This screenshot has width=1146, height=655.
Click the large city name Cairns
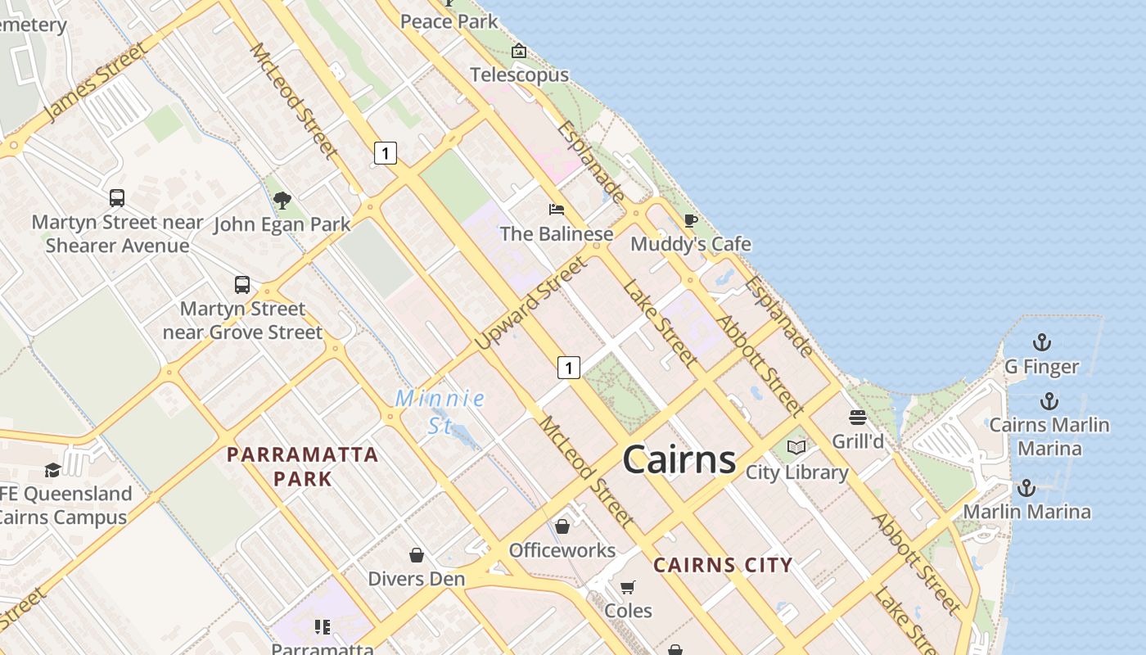pos(679,459)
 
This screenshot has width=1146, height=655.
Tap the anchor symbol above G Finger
pos(1041,341)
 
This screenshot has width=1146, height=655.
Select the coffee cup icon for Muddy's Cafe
pos(690,219)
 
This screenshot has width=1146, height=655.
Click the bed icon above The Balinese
pos(557,210)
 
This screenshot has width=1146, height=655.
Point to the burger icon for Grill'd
pos(857,418)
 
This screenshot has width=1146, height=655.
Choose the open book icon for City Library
pos(796,447)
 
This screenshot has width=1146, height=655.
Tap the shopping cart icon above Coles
pos(628,586)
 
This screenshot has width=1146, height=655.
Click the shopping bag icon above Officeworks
pos(562,526)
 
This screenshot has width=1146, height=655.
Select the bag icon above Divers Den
pos(416,555)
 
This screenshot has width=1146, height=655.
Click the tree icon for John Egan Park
pos(282,200)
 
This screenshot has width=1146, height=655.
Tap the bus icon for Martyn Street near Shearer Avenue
pos(117,197)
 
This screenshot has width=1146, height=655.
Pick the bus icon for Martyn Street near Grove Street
pos(242,284)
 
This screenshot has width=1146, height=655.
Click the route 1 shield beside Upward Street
pos(569,368)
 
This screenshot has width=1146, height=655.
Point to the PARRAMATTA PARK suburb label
pos(303,466)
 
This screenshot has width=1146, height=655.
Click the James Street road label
pos(97,81)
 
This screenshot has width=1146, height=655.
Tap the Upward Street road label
pos(531,303)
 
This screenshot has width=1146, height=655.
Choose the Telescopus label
pos(519,75)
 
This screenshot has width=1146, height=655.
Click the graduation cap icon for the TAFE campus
pos(52,470)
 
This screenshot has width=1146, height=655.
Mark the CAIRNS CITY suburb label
pos(723,564)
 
